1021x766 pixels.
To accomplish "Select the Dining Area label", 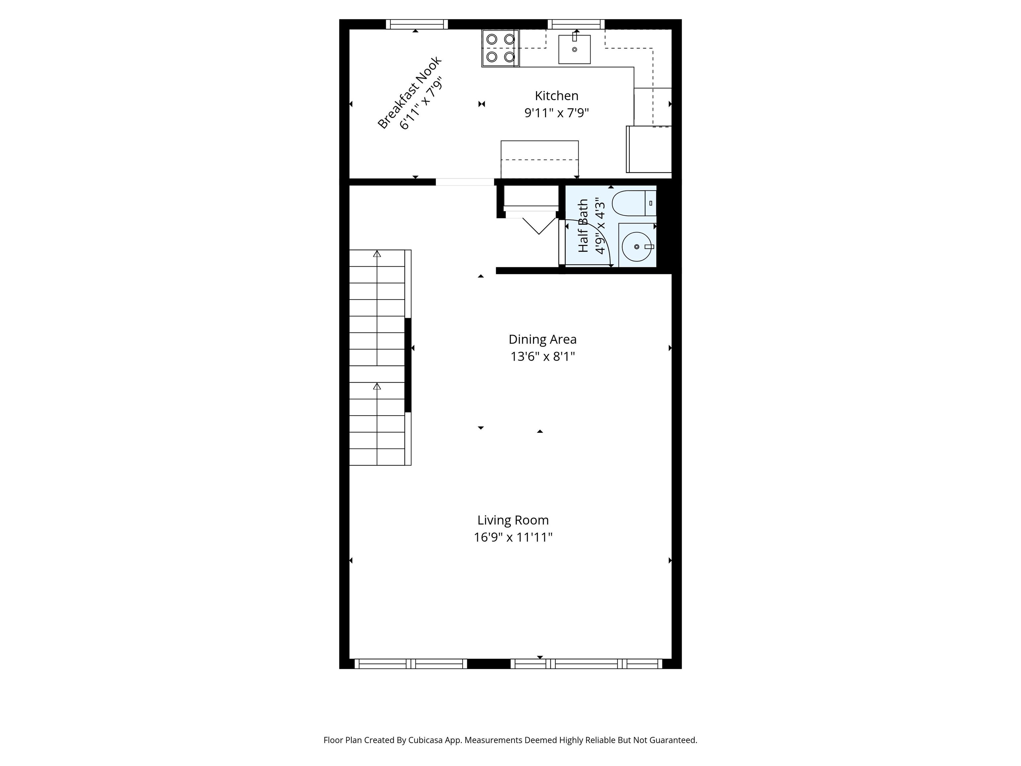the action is (542, 339).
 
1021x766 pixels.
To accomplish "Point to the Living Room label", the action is (513, 520).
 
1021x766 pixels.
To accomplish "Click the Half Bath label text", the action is (583, 226).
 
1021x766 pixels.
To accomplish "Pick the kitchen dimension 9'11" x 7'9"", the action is (557, 113).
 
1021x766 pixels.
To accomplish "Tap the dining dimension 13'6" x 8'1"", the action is (542, 356).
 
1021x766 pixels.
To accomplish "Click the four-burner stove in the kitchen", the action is (500, 48).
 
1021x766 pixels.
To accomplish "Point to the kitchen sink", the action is (574, 49).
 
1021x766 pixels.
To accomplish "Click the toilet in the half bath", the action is (634, 203).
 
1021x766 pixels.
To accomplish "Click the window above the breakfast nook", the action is (417, 24).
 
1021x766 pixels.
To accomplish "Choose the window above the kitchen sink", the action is (576, 24).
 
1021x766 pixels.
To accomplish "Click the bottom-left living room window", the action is (411, 664).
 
